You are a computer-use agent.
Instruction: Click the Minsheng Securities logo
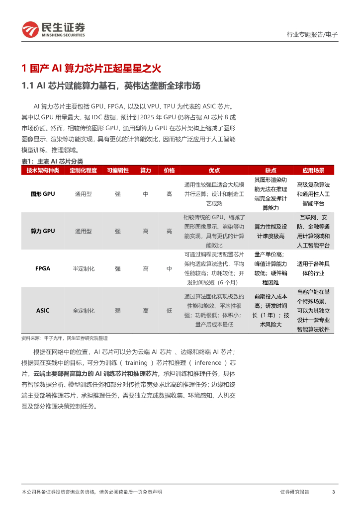pos(53,30)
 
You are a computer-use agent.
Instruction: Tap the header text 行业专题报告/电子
pos(312,35)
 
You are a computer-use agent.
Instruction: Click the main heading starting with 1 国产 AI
pos(92,69)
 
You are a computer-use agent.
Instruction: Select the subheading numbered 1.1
pos(111,86)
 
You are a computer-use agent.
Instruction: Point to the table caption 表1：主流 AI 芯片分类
pos(52,161)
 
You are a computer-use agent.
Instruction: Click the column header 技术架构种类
pos(43,170)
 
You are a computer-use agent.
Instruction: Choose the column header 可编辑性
pos(118,170)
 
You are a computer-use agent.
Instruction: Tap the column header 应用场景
pos(313,170)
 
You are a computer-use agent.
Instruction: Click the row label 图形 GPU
pos(43,194)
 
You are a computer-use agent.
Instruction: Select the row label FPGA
pos(43,268)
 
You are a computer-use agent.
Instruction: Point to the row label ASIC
pos(43,311)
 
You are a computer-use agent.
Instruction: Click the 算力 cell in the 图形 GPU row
pos(146,194)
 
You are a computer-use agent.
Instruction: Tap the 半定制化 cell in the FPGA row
pos(84,268)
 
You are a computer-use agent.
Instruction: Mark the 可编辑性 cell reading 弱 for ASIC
pos(118,311)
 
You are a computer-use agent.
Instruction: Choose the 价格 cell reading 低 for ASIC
pos(170,311)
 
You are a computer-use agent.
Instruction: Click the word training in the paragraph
pos(136,363)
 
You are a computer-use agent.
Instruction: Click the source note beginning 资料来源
pos(65,338)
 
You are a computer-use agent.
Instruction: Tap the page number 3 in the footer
pos(333,492)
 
